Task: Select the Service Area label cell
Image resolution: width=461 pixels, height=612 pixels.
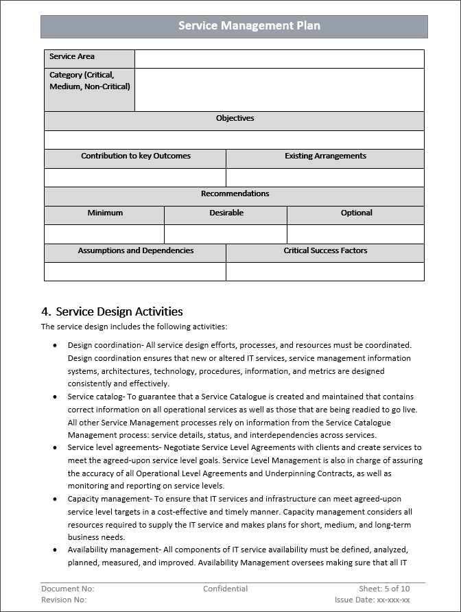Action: coord(89,58)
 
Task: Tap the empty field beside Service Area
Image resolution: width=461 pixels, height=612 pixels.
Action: coord(279,59)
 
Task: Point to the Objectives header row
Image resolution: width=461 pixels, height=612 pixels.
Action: coord(235,119)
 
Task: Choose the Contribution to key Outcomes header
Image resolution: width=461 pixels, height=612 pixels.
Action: coord(135,156)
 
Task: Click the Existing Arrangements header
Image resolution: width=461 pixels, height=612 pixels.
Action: coord(325,156)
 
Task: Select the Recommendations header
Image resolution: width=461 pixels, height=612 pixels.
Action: coord(235,194)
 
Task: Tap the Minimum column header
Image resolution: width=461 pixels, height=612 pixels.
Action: coord(105,213)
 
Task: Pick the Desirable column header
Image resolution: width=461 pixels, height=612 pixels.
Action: coord(226,213)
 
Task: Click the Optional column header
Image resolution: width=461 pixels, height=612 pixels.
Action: coord(356,213)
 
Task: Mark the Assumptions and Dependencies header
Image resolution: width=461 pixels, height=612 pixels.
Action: coord(135,251)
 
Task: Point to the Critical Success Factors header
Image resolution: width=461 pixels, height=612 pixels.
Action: coord(325,251)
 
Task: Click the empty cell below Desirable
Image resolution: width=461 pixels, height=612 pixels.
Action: coord(226,234)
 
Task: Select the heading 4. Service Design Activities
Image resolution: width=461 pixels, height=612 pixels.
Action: coord(113,311)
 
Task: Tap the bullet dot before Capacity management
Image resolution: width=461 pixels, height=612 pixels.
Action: coord(55,499)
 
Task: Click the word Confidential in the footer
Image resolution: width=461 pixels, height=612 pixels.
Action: coord(226,589)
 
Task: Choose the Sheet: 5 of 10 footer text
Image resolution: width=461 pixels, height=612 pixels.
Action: coord(384,589)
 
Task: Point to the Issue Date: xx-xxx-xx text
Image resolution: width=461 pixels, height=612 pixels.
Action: coord(373,600)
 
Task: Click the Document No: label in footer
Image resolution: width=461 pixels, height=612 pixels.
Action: coord(68,589)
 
